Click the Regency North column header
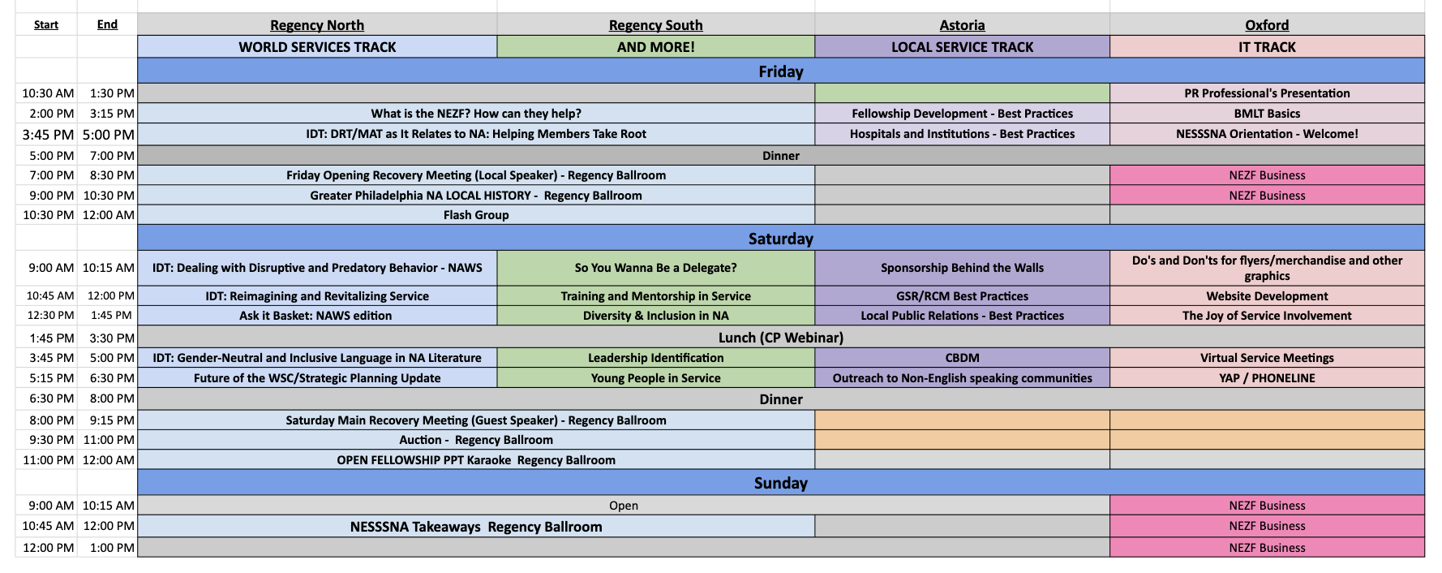[317, 25]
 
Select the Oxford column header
[1267, 25]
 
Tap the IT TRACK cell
[1267, 47]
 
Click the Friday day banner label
[781, 71]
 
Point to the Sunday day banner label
[781, 483]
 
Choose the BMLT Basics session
[1267, 114]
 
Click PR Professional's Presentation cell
[1267, 93]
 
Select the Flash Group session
[476, 215]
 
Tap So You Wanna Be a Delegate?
[656, 268]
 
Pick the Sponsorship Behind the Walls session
[963, 268]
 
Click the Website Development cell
[1267, 296]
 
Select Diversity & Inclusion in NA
[656, 316]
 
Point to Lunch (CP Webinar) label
[781, 338]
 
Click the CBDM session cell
[963, 358]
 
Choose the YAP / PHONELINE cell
[1267, 378]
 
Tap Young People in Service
[656, 378]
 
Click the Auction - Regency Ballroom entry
[476, 440]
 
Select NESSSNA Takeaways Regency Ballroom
[476, 527]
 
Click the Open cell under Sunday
[624, 506]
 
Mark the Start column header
[46, 25]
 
